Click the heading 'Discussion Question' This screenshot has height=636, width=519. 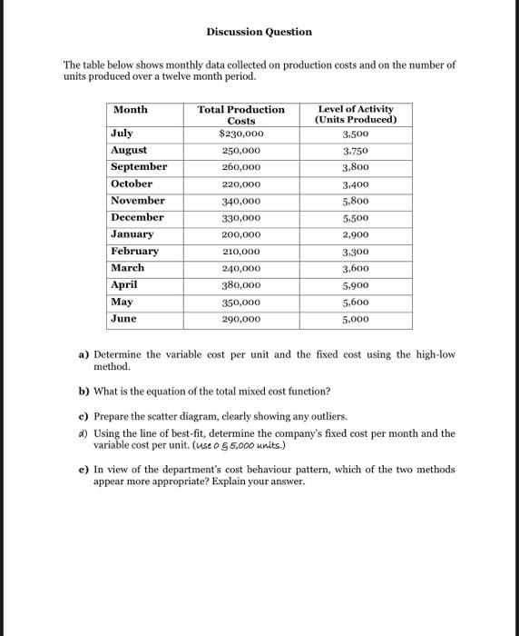(259, 32)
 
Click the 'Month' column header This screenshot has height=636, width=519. (130, 110)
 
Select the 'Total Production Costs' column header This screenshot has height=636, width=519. (240, 114)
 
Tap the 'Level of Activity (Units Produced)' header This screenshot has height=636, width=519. (355, 114)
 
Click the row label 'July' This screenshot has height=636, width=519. (122, 134)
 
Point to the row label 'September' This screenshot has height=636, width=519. (139, 167)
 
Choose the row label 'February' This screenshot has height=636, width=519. (134, 251)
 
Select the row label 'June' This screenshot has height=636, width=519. (123, 319)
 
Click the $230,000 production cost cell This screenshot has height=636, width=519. (240, 134)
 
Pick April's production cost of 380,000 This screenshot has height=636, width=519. (241, 285)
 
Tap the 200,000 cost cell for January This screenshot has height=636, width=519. (241, 234)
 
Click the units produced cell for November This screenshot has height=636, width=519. (355, 201)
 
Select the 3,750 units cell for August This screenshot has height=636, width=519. (355, 151)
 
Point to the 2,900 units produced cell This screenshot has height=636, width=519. (355, 234)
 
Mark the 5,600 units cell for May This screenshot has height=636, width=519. (355, 303)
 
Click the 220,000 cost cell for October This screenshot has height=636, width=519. (241, 184)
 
